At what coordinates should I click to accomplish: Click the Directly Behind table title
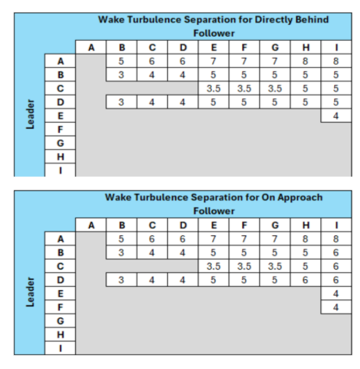pos(213,20)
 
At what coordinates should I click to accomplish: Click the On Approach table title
pos(214,198)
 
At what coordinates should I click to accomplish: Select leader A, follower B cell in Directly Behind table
pos(121,61)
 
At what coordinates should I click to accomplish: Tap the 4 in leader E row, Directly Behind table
pos(336,116)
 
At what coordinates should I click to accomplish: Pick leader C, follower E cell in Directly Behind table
pos(213,88)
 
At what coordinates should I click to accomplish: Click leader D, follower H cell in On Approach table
pos(305,280)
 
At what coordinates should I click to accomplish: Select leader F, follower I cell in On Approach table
pos(336,307)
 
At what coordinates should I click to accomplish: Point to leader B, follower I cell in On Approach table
pos(336,253)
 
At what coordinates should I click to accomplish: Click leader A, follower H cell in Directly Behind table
pos(305,61)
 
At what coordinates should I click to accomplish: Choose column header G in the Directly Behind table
pos(275,48)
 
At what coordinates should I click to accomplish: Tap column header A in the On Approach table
pos(91,225)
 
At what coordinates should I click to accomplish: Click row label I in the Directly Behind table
pos(60,170)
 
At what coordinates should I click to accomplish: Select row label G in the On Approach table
pos(60,321)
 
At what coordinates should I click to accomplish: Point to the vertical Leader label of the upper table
pos(30,114)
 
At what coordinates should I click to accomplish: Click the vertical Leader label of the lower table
pos(30,292)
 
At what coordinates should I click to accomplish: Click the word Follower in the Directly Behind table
pos(214,34)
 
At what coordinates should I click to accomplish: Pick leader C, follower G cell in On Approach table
pos(275,267)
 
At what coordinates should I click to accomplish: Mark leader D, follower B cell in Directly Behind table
pos(121,102)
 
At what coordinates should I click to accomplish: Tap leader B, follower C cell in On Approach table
pos(152,253)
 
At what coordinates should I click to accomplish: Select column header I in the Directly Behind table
pos(337,48)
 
